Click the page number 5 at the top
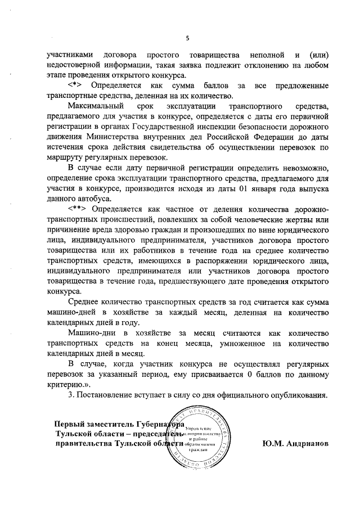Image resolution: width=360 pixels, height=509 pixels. [187, 38]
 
